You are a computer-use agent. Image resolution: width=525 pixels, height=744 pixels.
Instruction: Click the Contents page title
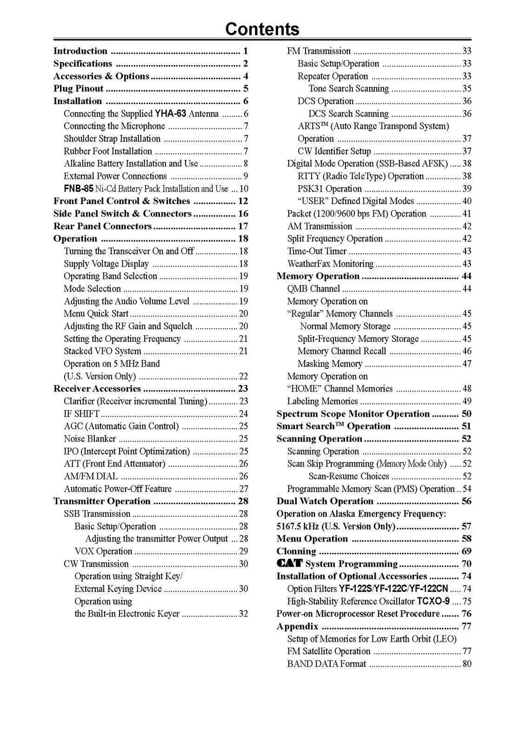262,29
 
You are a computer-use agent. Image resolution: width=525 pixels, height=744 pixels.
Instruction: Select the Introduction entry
80,51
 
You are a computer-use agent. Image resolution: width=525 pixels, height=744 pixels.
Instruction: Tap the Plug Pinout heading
78,89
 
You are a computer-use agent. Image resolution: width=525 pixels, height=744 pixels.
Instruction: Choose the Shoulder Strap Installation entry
112,139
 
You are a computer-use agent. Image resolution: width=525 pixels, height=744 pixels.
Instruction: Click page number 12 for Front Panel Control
243,201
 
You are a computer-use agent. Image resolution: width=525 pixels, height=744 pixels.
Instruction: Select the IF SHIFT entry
82,414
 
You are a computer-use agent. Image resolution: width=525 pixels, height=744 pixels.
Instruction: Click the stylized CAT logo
290,564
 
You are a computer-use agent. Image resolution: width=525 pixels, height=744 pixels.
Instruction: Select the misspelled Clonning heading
296,552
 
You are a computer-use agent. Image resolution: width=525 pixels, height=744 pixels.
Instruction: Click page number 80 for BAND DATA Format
467,664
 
